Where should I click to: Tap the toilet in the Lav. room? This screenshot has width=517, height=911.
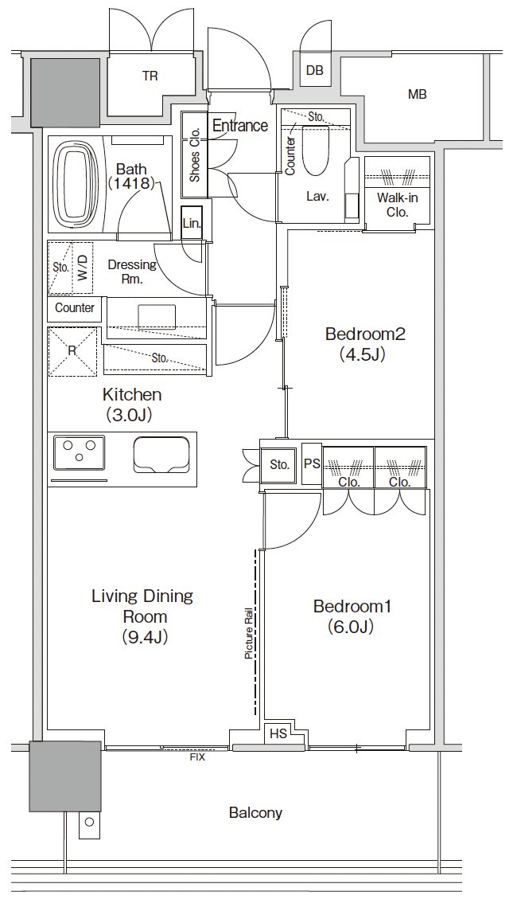click(316, 150)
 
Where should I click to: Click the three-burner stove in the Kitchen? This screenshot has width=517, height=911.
click(80, 452)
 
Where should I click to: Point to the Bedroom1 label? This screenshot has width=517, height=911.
click(352, 616)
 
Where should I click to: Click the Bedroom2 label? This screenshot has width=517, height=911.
click(364, 344)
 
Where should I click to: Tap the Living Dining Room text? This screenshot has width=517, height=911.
click(142, 616)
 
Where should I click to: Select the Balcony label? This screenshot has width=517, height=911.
click(255, 812)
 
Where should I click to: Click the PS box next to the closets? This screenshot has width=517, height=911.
click(312, 464)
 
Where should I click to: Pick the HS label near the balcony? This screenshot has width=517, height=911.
click(278, 733)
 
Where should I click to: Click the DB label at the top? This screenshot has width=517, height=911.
click(314, 70)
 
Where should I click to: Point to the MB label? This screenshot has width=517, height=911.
click(418, 93)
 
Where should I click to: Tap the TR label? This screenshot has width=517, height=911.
click(150, 76)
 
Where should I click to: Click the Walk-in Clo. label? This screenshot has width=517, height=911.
click(398, 205)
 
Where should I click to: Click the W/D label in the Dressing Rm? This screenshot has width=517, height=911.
click(84, 268)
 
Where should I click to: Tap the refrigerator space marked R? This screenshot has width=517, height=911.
click(72, 352)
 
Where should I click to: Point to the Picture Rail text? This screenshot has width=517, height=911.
click(249, 633)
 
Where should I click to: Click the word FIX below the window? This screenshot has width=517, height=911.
click(197, 757)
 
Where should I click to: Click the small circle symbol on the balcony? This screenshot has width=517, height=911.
click(89, 822)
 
